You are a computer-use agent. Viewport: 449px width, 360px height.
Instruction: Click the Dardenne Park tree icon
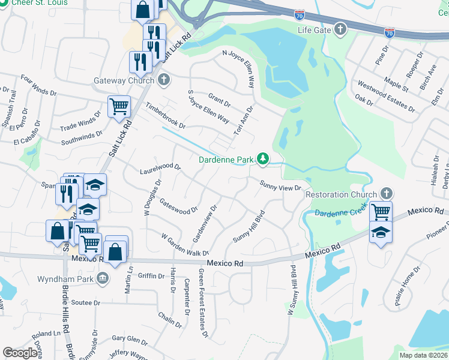point(262,159)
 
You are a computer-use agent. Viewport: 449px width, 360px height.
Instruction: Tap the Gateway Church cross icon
point(163,80)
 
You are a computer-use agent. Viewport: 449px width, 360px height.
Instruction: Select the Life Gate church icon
point(340,29)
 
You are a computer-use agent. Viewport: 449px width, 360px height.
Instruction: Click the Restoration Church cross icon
point(387,194)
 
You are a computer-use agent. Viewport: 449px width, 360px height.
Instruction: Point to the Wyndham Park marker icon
point(102,279)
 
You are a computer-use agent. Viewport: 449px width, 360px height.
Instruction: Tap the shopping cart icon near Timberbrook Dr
point(119,106)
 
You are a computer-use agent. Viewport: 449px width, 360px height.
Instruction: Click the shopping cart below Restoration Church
point(381,212)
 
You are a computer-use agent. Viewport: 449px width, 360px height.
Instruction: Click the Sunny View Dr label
point(280,185)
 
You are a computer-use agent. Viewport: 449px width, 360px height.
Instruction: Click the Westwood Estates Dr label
point(385,97)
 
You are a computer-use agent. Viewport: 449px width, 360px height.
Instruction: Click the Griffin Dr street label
point(151,276)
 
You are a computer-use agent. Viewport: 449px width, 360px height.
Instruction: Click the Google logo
point(20,353)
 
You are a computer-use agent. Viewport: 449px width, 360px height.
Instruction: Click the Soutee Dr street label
point(85,302)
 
